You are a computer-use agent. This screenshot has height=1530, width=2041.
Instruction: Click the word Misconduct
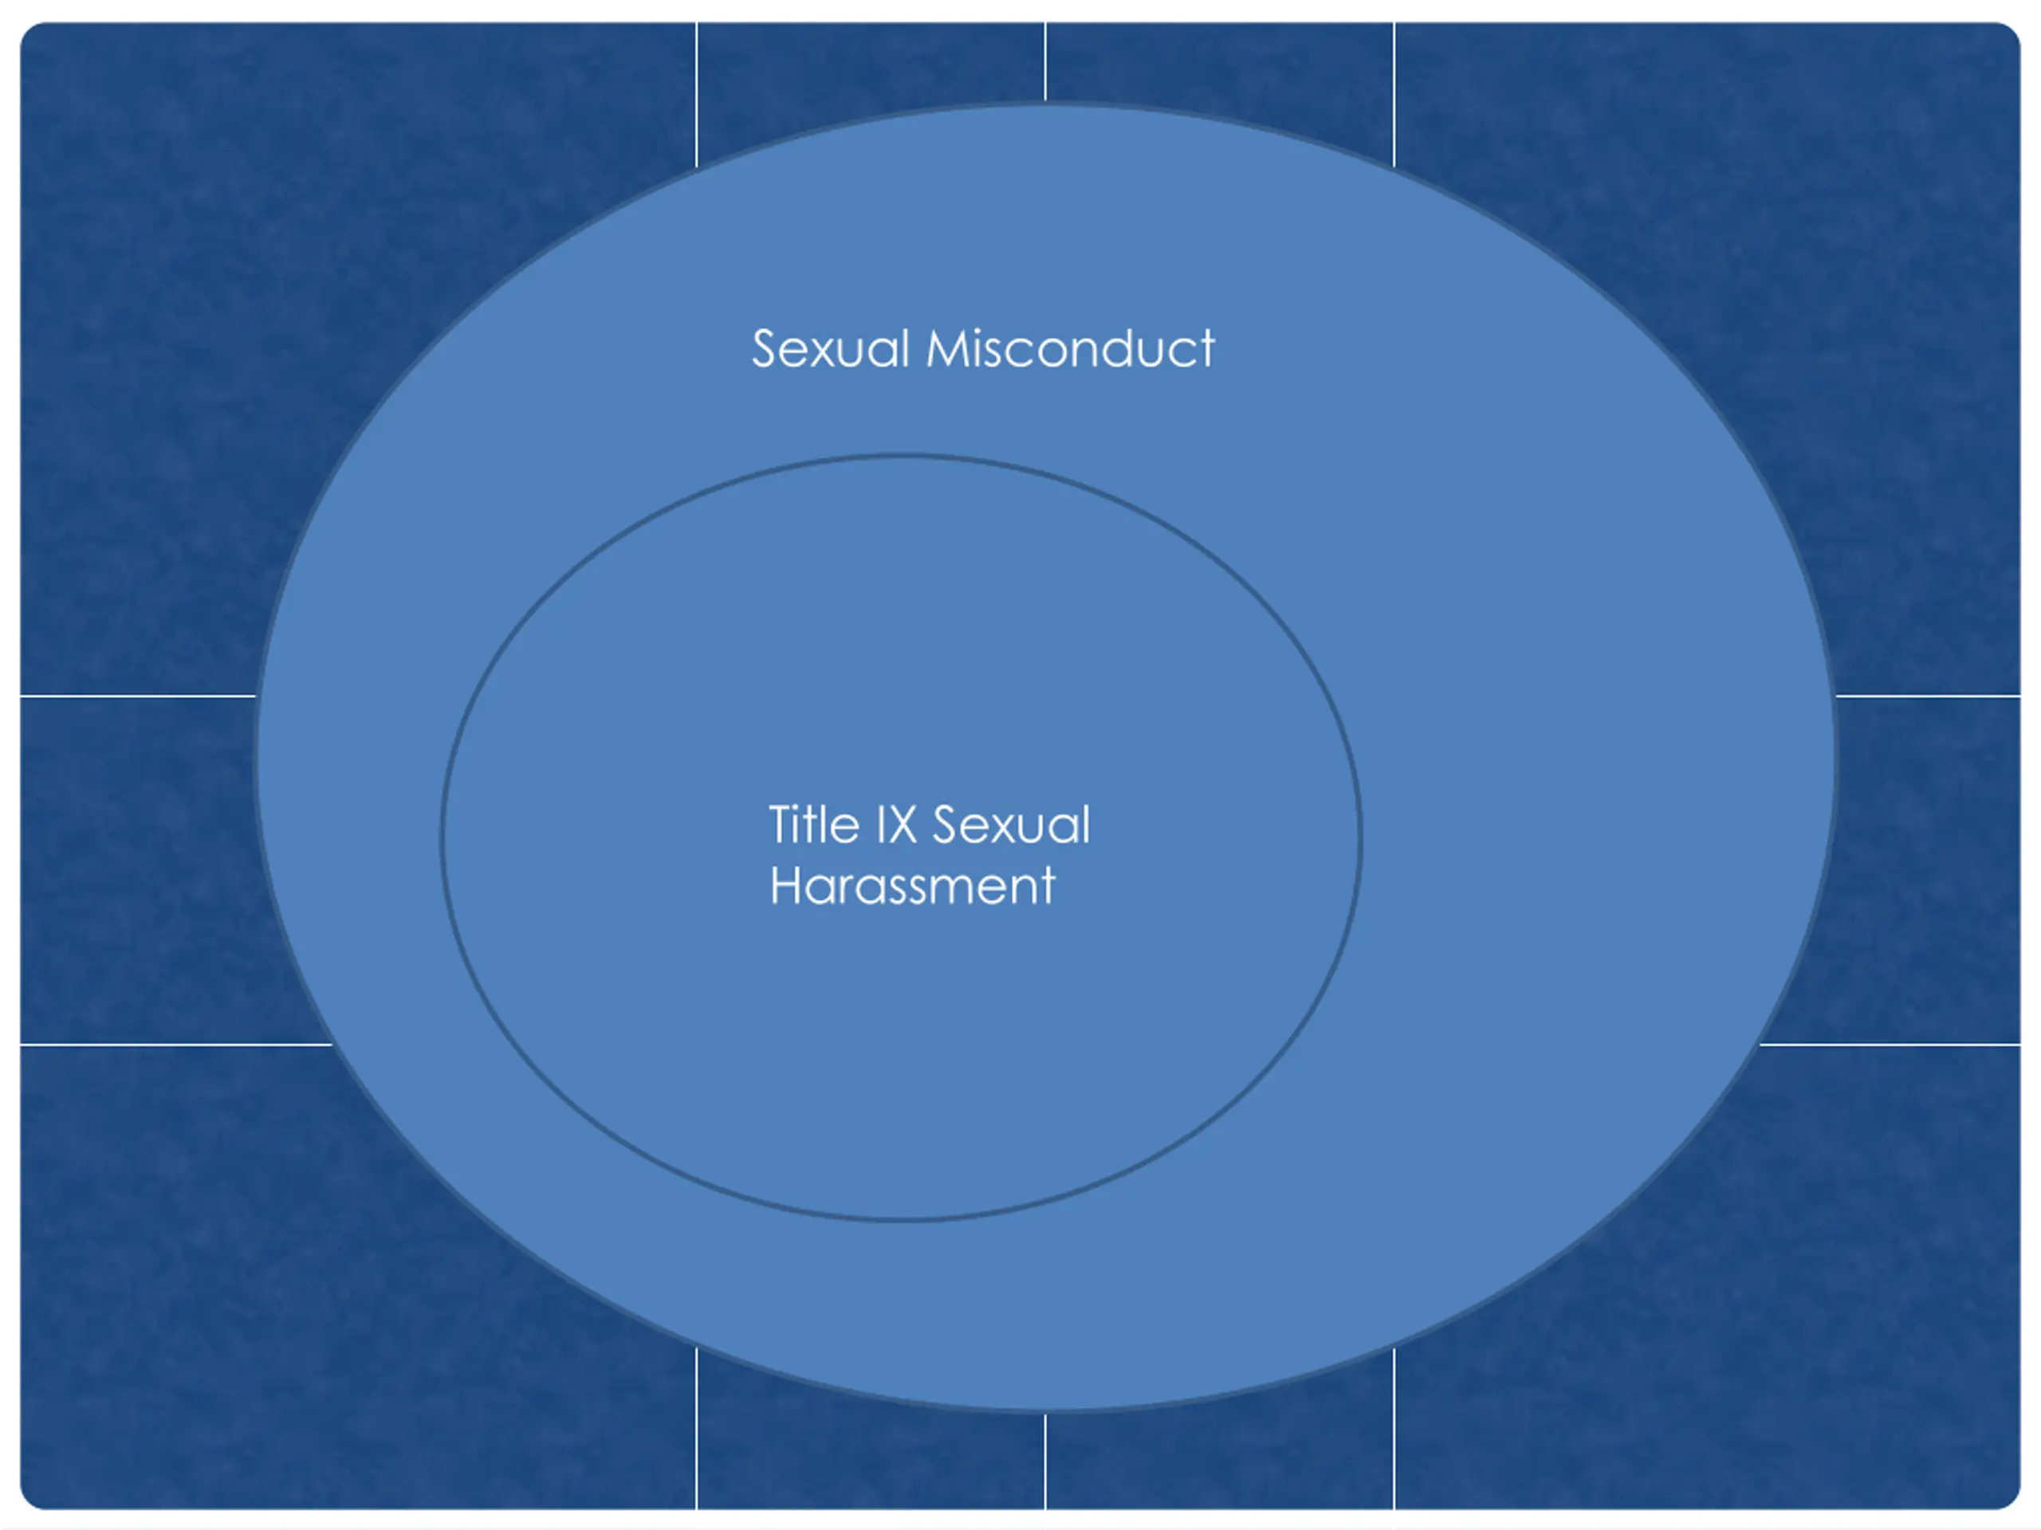[x=1070, y=350]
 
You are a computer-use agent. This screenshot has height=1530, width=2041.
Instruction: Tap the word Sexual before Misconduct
[x=831, y=350]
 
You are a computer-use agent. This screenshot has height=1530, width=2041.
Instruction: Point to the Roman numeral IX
[x=895, y=825]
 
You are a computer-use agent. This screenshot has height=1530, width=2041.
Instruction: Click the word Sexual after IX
[x=1011, y=825]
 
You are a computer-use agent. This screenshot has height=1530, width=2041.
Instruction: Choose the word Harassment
[x=911, y=886]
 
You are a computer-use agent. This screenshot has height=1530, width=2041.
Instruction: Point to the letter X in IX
[x=903, y=825]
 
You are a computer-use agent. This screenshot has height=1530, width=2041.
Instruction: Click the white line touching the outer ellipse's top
[x=1045, y=61]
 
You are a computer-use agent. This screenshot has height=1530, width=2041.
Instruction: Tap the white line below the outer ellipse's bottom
[x=1045, y=1461]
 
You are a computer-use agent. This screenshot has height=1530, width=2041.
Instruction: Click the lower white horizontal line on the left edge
[x=175, y=1045]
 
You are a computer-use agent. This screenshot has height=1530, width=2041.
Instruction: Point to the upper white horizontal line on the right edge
[x=1929, y=696]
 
